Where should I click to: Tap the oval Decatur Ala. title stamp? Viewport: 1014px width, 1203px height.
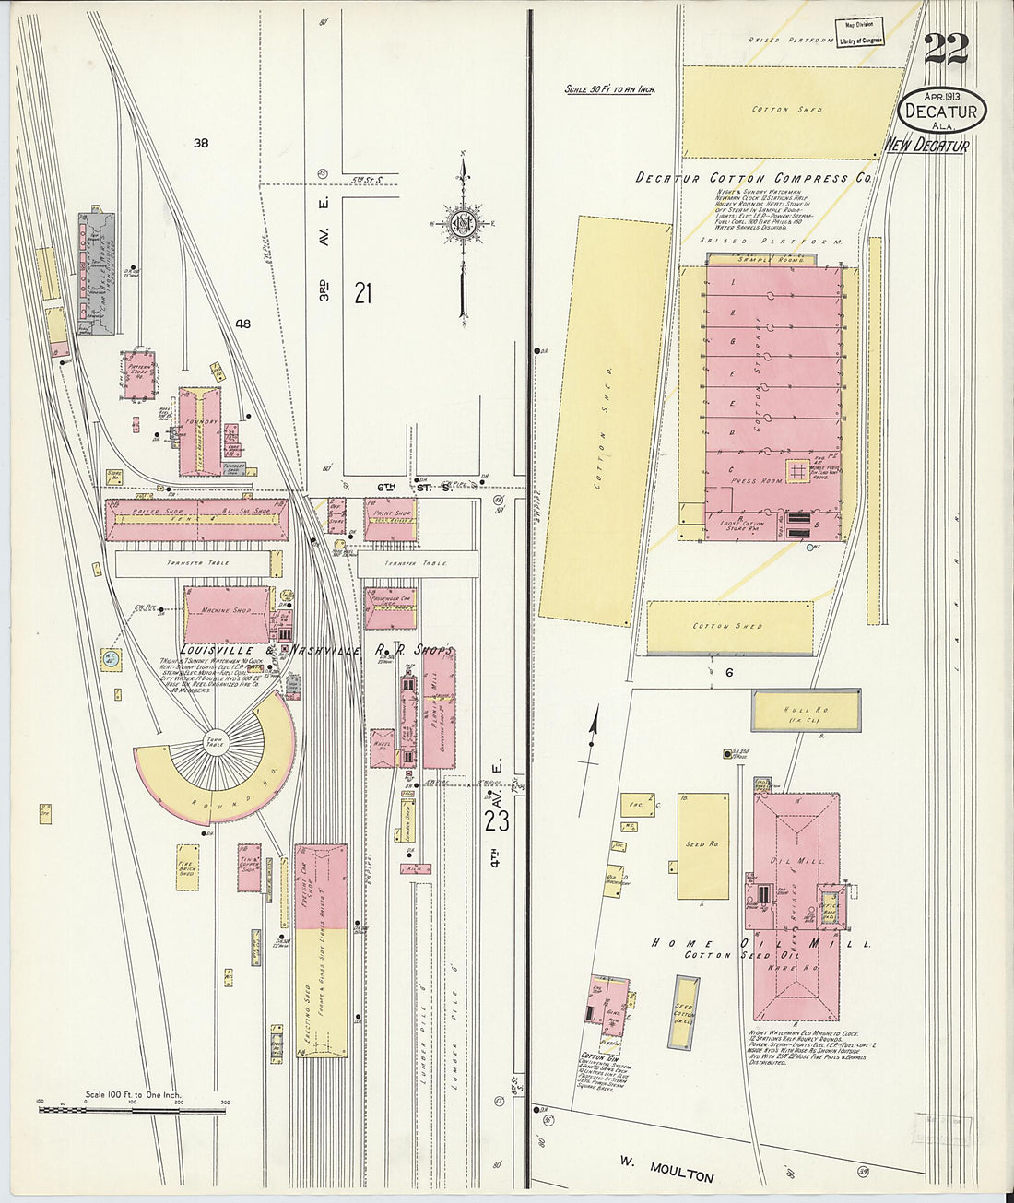click(x=941, y=112)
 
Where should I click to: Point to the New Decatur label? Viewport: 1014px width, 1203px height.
click(x=926, y=146)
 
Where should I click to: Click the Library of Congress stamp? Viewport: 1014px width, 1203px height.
click(x=859, y=33)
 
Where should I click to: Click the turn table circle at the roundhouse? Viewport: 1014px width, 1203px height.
click(x=214, y=742)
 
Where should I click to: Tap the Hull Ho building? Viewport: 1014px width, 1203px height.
click(x=806, y=711)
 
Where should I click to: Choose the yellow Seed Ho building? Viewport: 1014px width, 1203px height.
click(x=702, y=845)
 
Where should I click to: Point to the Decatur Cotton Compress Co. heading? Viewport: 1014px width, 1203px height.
click(x=753, y=178)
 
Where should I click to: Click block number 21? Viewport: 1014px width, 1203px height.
click(x=362, y=294)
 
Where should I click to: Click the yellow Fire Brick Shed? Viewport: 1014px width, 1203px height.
click(x=187, y=867)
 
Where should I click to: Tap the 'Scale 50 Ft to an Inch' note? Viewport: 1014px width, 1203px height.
click(x=609, y=89)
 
